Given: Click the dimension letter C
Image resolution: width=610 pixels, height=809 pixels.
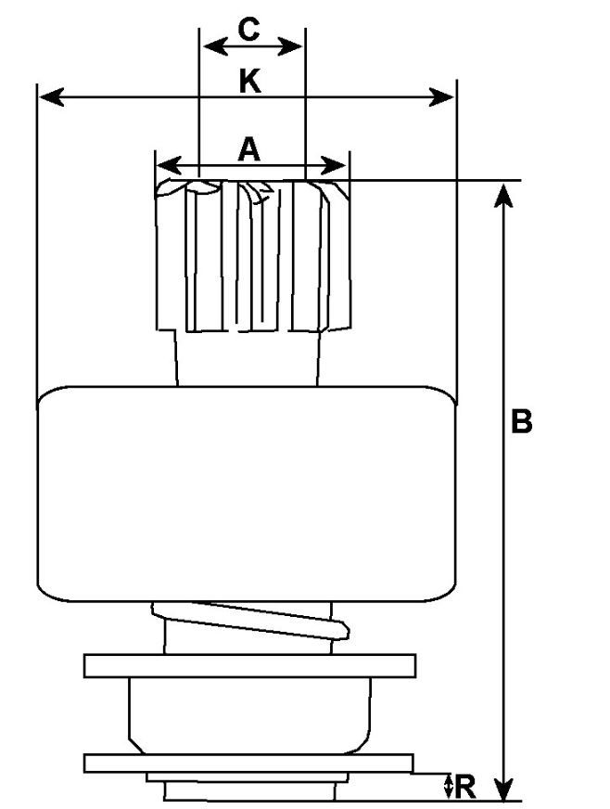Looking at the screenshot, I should [x=248, y=29].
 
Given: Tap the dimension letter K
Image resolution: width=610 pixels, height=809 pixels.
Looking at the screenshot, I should [x=248, y=82].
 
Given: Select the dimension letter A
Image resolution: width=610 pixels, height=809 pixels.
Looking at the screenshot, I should [x=248, y=148].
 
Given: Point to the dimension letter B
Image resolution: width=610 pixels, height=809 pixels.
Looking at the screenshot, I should [x=522, y=421].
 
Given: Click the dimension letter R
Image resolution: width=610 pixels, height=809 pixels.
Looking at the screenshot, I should [x=466, y=787].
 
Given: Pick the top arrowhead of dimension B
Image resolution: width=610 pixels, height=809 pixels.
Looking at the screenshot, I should [x=503, y=193].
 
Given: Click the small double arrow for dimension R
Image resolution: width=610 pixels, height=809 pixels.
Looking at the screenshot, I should [x=449, y=787].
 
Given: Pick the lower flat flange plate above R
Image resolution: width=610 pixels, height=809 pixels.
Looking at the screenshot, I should [x=248, y=763].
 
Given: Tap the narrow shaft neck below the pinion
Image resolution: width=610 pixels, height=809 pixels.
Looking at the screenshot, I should [x=248, y=357].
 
